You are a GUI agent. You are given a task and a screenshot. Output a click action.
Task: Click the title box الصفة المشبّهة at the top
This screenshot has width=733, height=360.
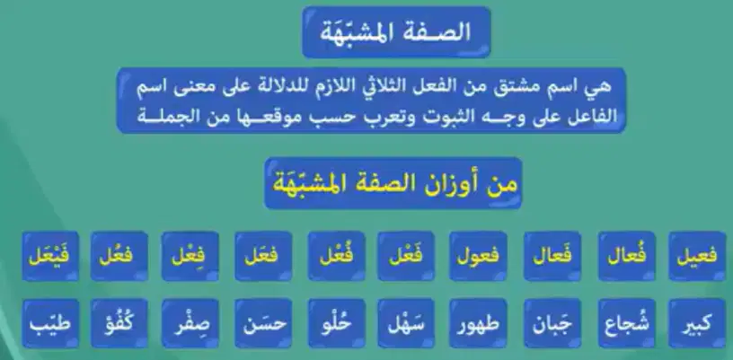tap(396, 32)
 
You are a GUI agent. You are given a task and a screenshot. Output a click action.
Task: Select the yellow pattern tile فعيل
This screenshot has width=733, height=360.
tap(697, 256)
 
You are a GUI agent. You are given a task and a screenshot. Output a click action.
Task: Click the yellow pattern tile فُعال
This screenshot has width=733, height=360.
tap(626, 256)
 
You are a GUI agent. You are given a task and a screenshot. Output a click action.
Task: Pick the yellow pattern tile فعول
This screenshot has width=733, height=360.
tap(478, 256)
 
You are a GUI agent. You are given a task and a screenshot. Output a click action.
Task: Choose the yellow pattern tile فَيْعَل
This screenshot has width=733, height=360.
tap(50, 256)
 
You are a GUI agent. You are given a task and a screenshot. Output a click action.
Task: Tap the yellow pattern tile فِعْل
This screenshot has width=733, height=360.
tap(190, 256)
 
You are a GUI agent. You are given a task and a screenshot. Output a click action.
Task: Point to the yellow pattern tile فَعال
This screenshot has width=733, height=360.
tap(552, 256)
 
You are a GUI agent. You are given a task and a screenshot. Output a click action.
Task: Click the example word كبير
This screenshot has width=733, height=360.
tap(697, 323)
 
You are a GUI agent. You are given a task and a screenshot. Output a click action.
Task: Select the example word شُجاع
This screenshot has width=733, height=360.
tap(626, 323)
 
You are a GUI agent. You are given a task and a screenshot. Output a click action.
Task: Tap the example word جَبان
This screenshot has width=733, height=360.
tap(552, 323)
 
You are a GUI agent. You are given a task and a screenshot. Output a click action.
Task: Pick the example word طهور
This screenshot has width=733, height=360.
tap(478, 323)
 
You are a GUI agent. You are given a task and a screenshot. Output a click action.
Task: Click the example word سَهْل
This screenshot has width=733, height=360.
tap(406, 323)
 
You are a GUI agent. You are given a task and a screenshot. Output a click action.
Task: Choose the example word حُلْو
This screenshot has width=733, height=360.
tap(336, 323)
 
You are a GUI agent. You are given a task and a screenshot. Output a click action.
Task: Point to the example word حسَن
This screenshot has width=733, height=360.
tap(264, 323)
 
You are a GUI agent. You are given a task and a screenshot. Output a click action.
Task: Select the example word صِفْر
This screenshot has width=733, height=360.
tap(190, 323)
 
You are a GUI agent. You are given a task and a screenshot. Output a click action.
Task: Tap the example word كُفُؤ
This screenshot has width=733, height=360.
tap(119, 323)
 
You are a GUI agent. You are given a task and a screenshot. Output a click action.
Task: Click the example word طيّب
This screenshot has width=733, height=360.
tap(50, 323)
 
